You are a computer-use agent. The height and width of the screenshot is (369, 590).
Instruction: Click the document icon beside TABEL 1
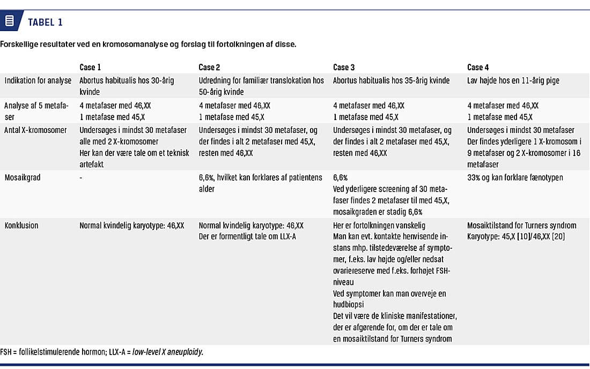(9, 21)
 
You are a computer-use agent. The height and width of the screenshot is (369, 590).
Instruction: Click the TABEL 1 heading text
(45, 22)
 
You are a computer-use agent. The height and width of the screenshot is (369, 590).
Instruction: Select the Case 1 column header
(90, 67)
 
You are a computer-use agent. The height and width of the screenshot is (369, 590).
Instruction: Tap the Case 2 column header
(209, 67)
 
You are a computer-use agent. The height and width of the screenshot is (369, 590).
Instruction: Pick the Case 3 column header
(344, 67)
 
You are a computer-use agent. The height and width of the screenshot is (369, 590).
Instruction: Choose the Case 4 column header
(478, 67)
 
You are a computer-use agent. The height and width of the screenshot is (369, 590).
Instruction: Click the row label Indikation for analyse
(38, 80)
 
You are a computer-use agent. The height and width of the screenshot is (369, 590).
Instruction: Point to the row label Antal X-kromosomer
(36, 130)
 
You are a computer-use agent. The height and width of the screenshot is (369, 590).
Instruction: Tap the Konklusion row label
(21, 225)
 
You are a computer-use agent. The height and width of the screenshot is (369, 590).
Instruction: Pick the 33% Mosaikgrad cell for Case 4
(515, 177)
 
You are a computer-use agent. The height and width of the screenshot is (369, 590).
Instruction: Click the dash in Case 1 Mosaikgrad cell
(81, 177)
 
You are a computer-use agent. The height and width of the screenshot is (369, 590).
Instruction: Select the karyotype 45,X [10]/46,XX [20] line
(515, 237)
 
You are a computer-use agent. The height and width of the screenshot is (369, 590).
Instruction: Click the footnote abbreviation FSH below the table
(7, 351)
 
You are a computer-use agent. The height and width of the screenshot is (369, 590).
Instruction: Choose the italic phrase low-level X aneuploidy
(172, 351)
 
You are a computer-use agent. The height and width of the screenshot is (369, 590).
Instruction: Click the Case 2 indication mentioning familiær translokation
(261, 80)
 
